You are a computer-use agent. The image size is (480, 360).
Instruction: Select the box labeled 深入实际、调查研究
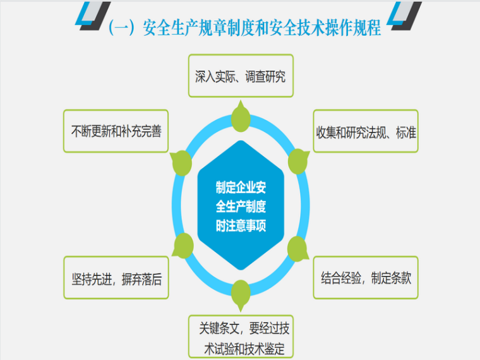(x=241, y=76)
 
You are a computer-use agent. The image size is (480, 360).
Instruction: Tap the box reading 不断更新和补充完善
(x=116, y=131)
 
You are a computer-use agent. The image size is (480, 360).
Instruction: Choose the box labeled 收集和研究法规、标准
(x=366, y=131)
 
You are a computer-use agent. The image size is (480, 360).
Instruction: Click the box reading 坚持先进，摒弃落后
(x=116, y=278)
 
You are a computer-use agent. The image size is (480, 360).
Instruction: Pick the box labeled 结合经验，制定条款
(x=366, y=277)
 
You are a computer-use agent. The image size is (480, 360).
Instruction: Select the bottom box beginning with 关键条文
(x=241, y=337)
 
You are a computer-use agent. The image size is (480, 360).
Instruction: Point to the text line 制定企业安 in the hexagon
(x=241, y=187)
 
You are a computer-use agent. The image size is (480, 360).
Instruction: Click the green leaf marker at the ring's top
(x=241, y=117)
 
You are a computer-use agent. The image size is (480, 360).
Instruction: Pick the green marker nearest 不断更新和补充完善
(x=181, y=162)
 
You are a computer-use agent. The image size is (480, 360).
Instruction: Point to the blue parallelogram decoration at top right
(x=394, y=13)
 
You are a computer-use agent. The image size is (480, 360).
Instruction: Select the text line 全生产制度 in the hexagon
(x=241, y=207)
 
